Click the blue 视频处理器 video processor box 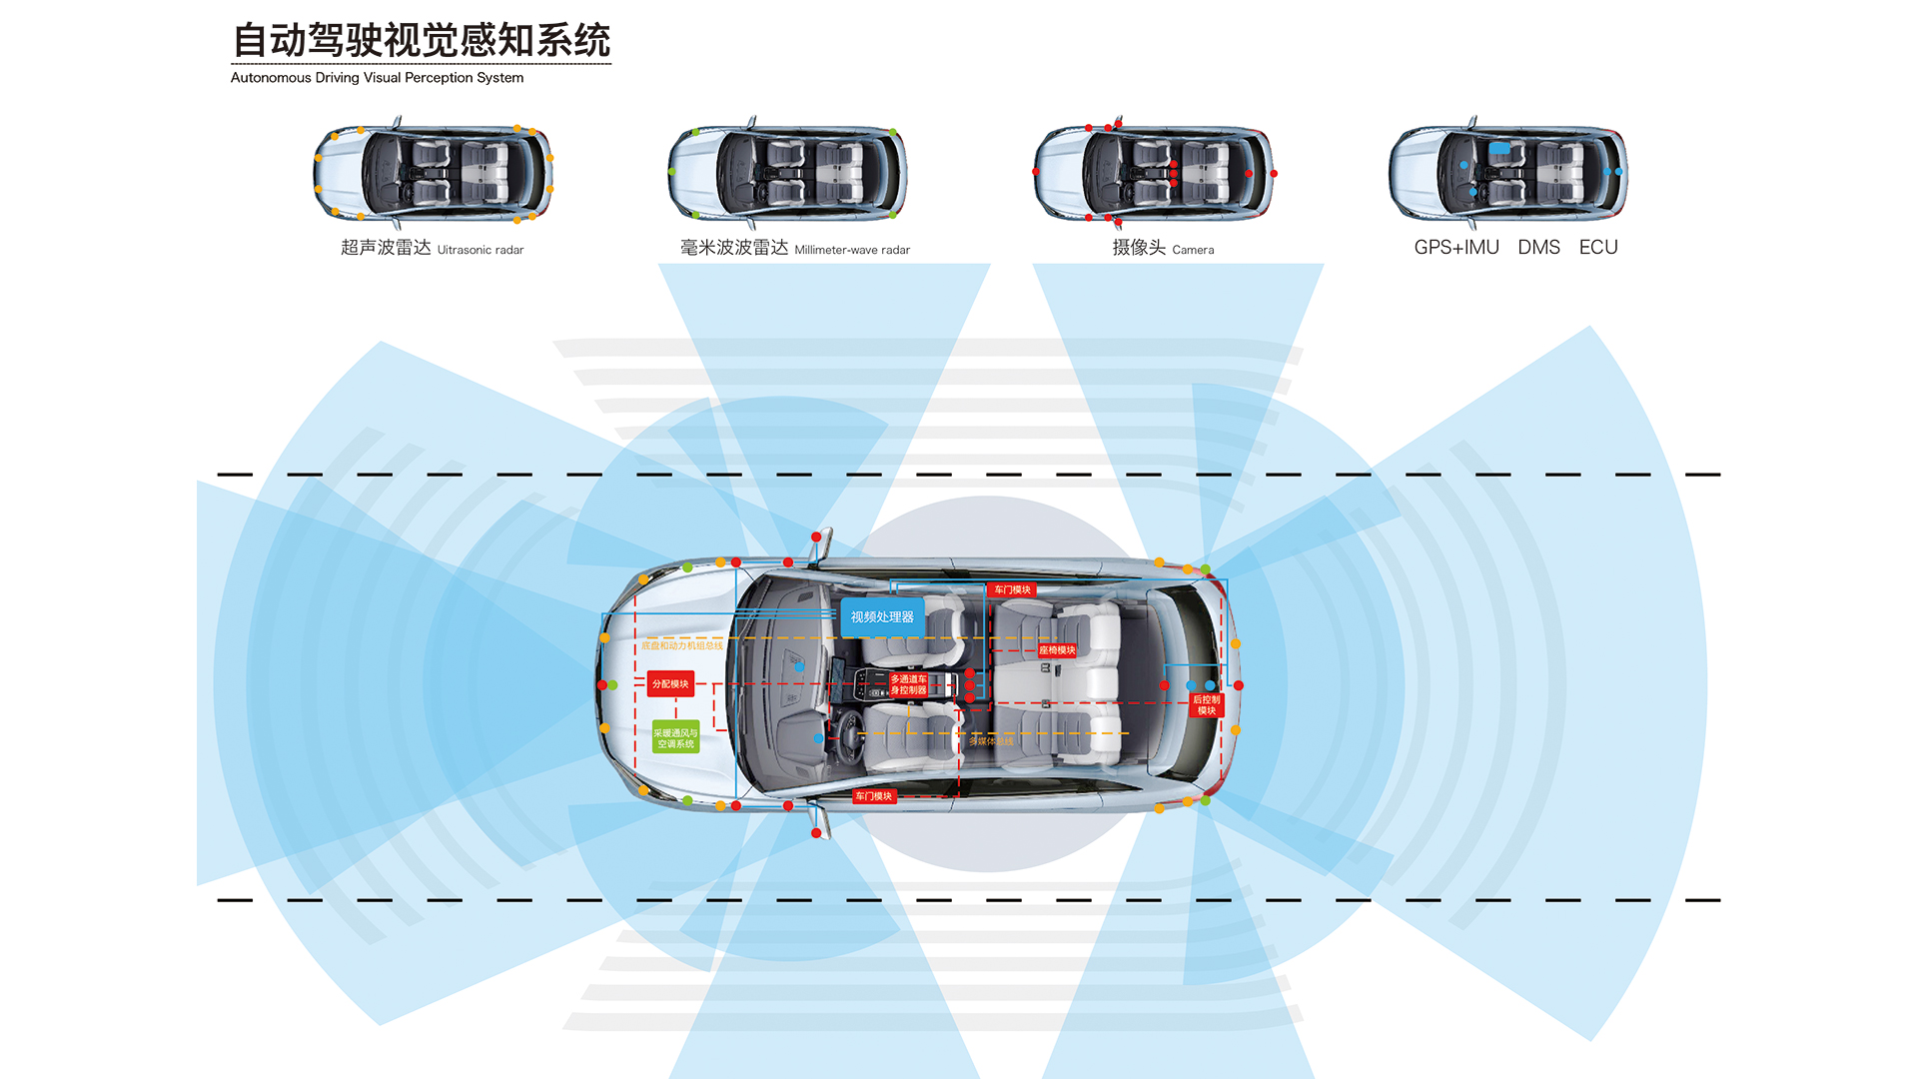coord(882,617)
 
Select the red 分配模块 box coord(670,684)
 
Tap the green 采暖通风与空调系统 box coord(675,738)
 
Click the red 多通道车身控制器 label coord(908,684)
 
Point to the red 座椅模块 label coord(1057,650)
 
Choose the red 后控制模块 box coord(1207,705)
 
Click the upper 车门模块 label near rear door coord(1012,590)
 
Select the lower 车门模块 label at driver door coord(873,796)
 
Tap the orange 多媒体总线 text coord(991,741)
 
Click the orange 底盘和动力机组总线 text coord(682,646)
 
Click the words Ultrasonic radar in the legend coord(480,250)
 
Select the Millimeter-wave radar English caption coord(852,250)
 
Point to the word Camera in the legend coord(1193,250)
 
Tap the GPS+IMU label coord(1455,248)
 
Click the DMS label coord(1538,248)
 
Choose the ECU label coord(1598,248)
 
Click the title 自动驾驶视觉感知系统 coord(421,41)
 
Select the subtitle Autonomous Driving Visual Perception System coord(377,78)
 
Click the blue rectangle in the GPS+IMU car coord(1499,148)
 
